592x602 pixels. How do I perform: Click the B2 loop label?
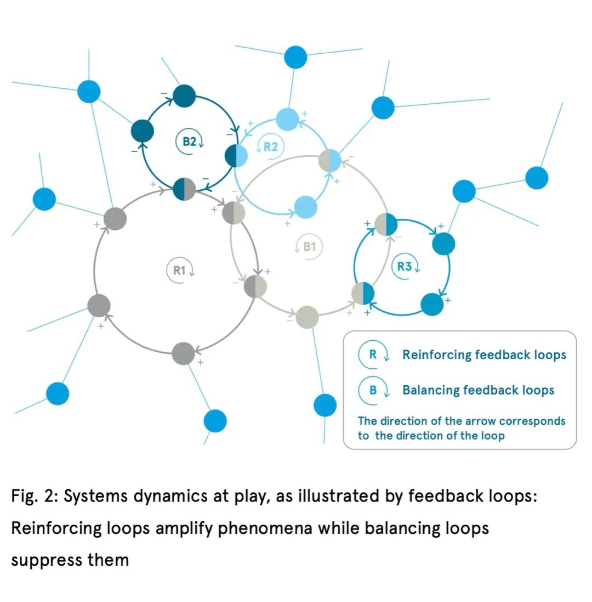click(x=190, y=142)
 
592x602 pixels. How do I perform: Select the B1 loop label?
click(x=309, y=246)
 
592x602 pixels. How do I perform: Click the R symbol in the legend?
click(x=373, y=355)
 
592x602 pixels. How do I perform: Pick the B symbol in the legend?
click(x=373, y=390)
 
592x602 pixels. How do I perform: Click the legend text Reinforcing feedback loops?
click(x=484, y=355)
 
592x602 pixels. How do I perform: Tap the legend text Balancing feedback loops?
click(x=478, y=390)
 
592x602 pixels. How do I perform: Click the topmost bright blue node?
click(x=295, y=57)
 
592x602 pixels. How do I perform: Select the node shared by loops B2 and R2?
click(x=236, y=155)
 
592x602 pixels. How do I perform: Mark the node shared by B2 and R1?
click(x=184, y=189)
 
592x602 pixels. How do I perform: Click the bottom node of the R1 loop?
click(x=183, y=353)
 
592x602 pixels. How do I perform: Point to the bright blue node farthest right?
click(x=537, y=178)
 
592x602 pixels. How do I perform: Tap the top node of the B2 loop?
click(x=184, y=96)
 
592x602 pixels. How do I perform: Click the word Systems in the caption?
click(x=95, y=497)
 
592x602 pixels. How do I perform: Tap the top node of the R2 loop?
click(x=288, y=119)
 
